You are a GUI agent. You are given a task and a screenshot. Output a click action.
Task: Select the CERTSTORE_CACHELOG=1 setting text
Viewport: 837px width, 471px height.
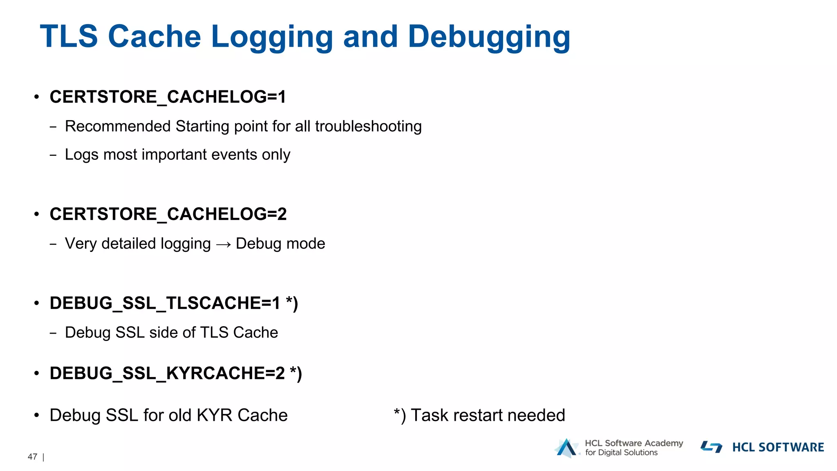pos(168,97)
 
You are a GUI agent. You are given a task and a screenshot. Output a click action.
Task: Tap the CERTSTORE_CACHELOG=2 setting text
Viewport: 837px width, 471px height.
pos(168,214)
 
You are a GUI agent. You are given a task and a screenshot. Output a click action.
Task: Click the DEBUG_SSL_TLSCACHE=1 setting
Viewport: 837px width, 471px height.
pos(165,303)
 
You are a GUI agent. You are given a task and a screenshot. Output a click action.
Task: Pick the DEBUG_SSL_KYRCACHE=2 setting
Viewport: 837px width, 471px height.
pos(167,373)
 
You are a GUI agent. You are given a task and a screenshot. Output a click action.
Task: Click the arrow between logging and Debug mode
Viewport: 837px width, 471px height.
pos(224,244)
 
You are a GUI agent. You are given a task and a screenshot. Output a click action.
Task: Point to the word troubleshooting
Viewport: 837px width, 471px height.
pos(368,126)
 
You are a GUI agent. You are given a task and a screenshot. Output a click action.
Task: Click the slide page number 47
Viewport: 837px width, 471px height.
pos(32,457)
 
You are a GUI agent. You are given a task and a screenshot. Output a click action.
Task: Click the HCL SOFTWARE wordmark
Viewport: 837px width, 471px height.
pos(778,447)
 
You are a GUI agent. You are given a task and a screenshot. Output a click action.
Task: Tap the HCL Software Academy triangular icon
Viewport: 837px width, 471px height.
pos(566,448)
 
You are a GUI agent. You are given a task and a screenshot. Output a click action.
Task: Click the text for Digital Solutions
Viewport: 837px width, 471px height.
pos(621,453)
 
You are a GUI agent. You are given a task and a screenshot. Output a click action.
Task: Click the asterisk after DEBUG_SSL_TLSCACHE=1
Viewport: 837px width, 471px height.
pos(289,301)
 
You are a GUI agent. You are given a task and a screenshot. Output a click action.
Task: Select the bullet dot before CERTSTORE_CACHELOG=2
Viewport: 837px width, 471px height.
pos(37,214)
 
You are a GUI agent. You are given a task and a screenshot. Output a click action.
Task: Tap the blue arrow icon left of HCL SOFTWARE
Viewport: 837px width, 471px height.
pos(712,447)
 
